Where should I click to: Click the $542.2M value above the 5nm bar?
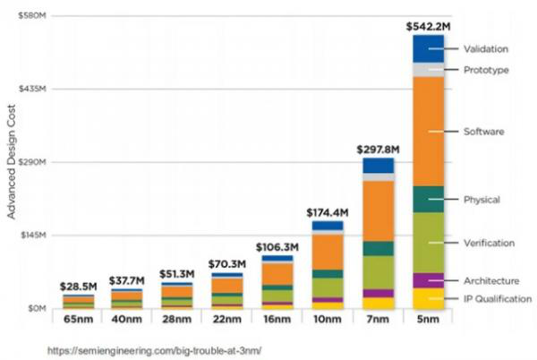pos(428,26)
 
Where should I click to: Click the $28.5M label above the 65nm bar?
pos(77,286)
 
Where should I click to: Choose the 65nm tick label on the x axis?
pos(78,318)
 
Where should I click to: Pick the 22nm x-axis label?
pos(227,318)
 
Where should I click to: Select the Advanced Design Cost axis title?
pos(12,162)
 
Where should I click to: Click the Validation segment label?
pos(486,48)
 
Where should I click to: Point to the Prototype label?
pos(485,70)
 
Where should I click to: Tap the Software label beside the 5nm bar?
pos(483,132)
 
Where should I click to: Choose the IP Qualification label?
pos(498,298)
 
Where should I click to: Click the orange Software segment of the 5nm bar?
pos(428,131)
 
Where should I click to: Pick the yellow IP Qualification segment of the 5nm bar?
pos(428,298)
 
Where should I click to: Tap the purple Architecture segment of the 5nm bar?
pos(428,280)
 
